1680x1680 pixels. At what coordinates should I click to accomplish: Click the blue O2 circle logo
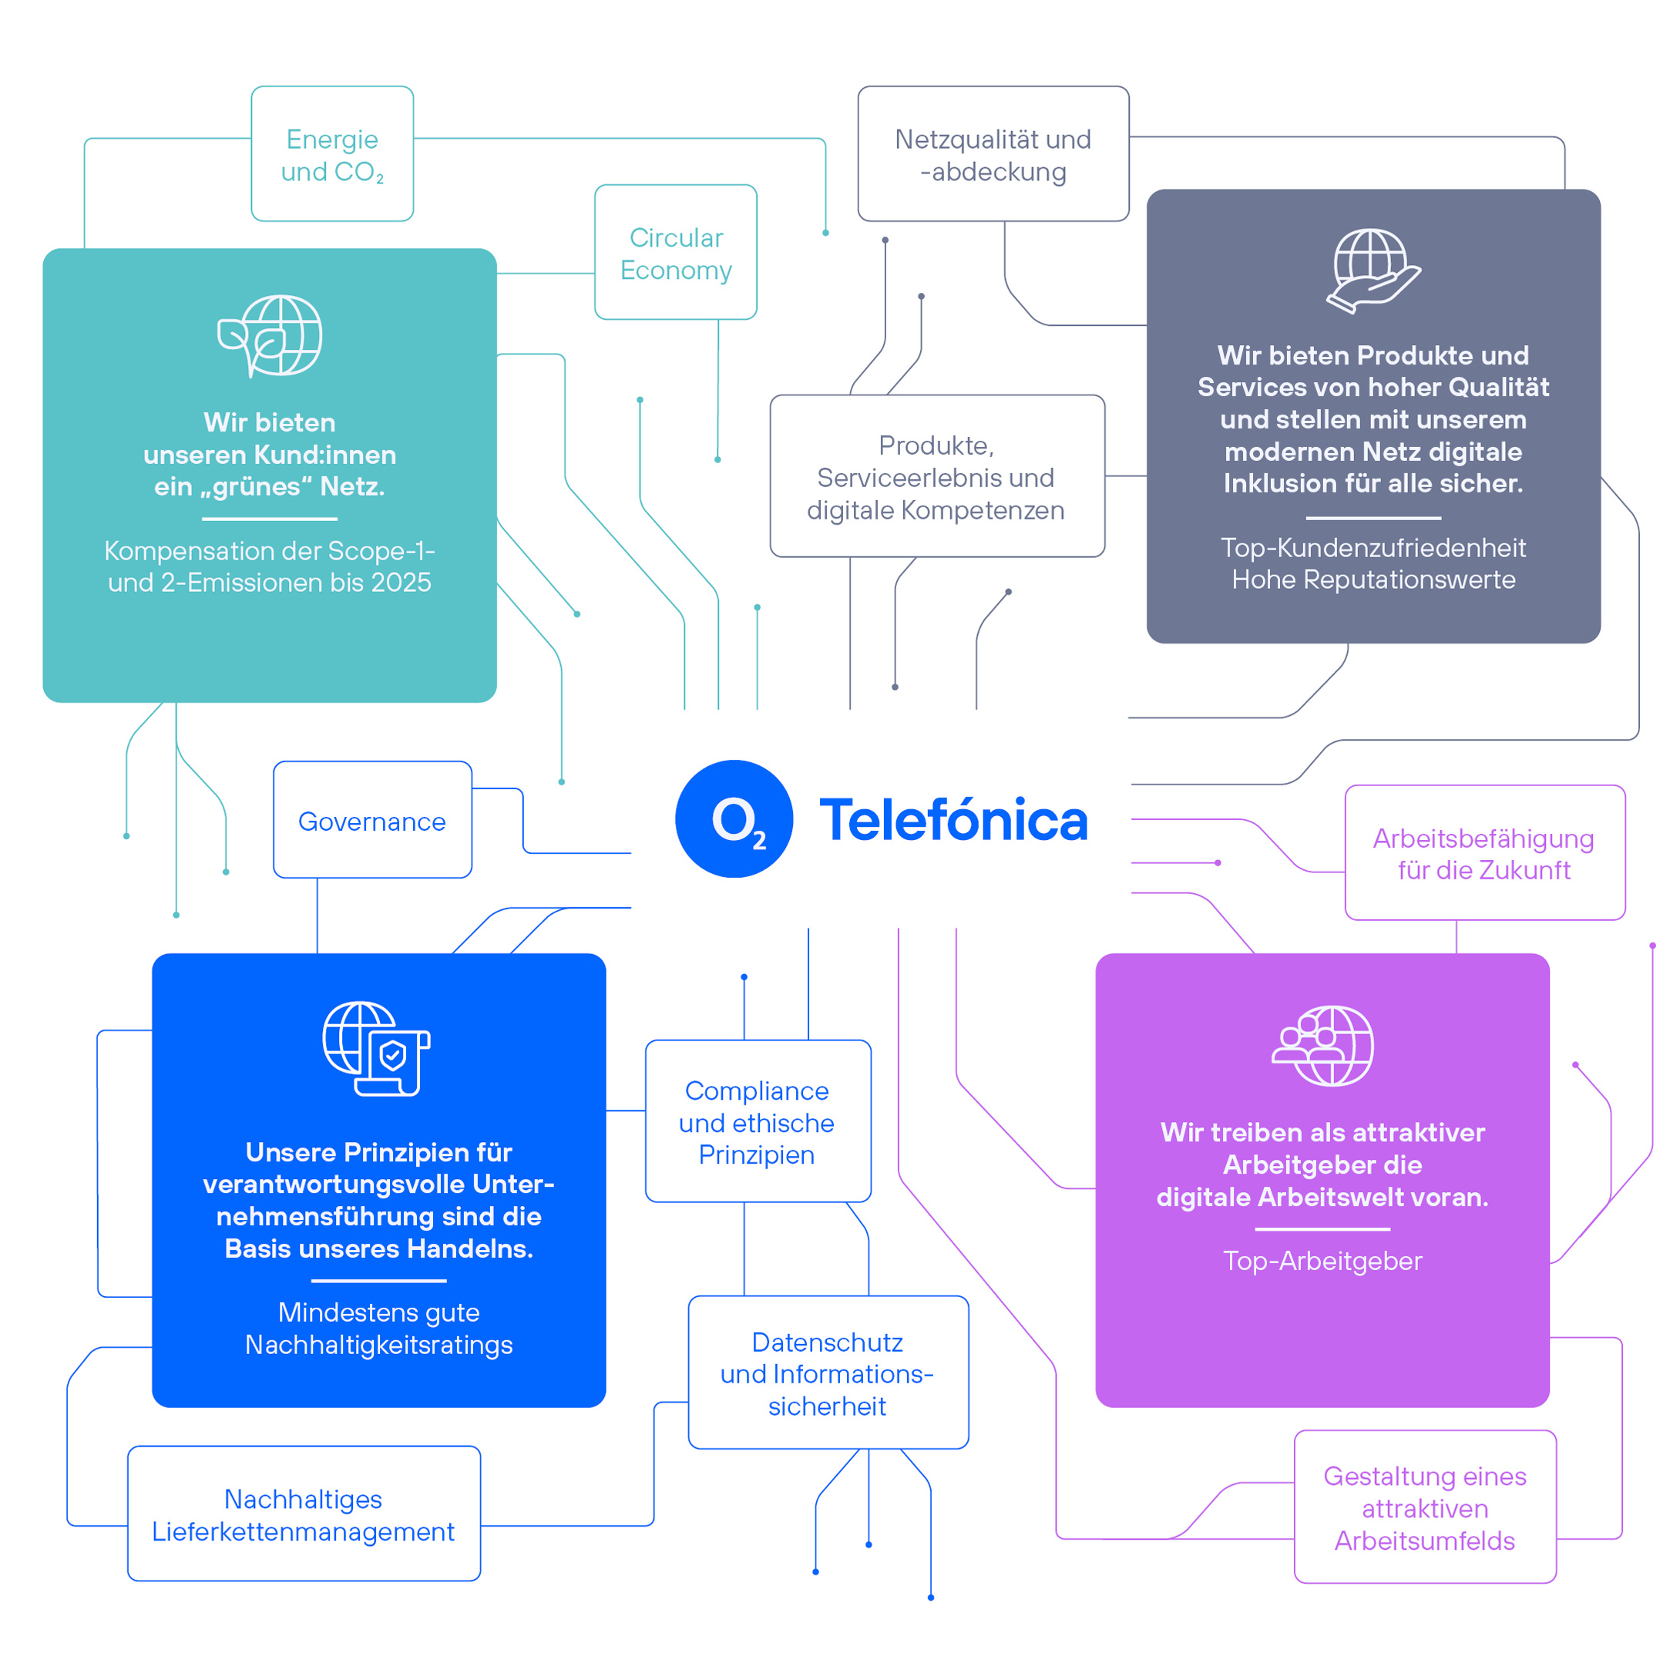734,819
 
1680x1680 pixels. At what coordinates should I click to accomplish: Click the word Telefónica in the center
953,821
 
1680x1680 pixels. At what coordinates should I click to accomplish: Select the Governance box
372,820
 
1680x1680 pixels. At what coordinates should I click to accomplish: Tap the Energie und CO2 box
332,154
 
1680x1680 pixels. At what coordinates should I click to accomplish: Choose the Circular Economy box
676,252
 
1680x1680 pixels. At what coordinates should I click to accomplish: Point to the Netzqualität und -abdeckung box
993,154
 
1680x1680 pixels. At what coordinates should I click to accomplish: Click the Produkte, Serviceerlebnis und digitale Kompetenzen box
936,476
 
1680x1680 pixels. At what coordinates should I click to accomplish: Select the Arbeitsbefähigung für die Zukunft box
1484,853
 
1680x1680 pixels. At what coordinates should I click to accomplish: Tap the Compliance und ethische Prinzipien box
758,1122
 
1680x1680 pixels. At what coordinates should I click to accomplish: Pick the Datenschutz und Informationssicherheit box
828,1374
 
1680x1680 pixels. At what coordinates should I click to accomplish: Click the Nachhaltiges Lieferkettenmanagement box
304,1515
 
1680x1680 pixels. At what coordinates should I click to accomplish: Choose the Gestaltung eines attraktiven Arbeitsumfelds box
1425,1508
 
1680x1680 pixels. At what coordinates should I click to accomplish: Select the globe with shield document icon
377,1049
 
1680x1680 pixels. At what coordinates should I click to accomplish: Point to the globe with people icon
1322,1046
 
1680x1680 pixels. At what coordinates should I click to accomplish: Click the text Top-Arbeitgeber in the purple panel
1322,1261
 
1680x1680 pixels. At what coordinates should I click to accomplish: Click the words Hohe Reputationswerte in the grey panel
1373,579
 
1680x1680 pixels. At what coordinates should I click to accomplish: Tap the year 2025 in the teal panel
401,583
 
